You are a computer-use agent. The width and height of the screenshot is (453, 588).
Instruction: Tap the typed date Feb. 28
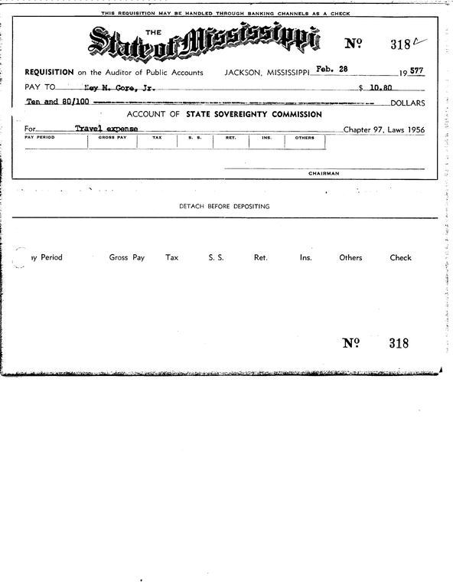click(333, 70)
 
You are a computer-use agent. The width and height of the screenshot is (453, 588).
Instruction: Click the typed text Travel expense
click(106, 129)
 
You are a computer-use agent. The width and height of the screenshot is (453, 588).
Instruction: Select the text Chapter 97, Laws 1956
click(383, 130)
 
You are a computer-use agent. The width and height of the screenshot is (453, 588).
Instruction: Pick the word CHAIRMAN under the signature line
click(324, 174)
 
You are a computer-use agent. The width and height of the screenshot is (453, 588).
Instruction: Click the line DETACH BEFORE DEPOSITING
click(224, 207)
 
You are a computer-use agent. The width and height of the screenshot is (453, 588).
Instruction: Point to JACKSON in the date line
click(243, 72)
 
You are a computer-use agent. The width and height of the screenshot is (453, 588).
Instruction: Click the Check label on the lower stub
click(400, 258)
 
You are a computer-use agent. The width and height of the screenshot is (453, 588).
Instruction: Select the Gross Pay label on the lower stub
click(127, 258)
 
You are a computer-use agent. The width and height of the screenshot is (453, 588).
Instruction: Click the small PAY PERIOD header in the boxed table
click(39, 138)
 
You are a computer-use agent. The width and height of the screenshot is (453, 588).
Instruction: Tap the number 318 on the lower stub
click(398, 344)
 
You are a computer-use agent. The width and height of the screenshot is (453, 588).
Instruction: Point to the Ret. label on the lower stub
click(260, 258)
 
